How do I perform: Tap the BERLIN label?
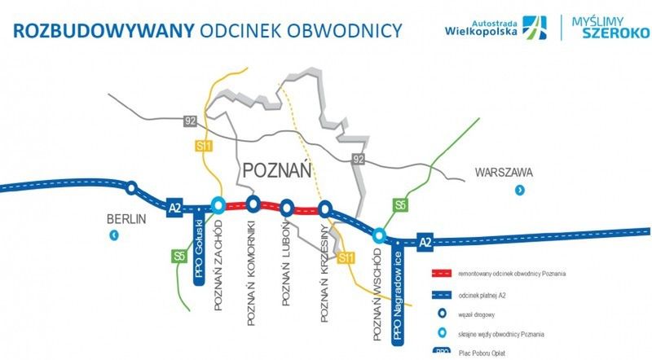point(125,218)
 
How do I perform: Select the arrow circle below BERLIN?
point(115,236)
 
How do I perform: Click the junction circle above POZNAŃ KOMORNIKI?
point(253,204)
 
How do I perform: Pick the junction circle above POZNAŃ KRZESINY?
point(324,208)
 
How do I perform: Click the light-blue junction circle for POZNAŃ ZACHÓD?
point(218,205)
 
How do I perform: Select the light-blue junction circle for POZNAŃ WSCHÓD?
point(379,235)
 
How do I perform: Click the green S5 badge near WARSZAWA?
point(400,204)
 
